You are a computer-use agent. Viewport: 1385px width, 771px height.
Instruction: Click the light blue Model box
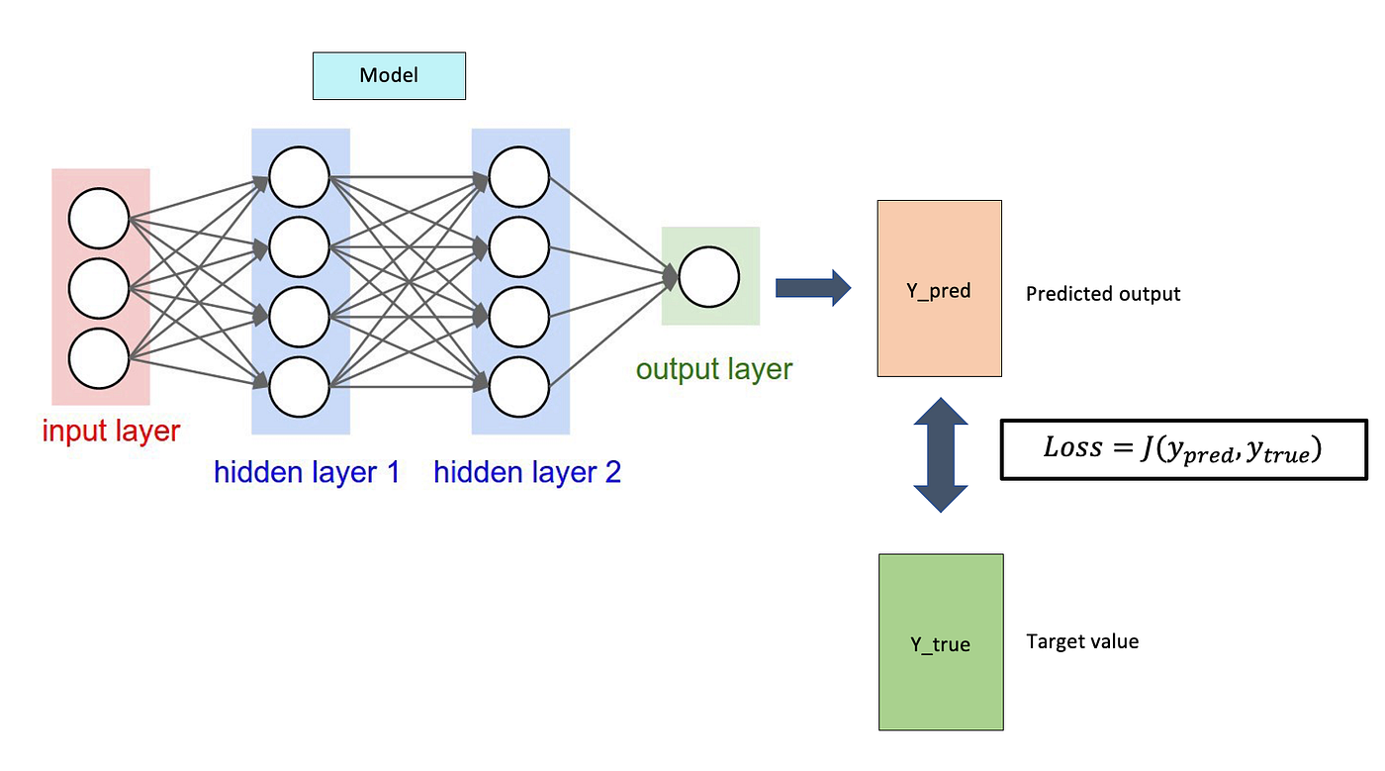[389, 76]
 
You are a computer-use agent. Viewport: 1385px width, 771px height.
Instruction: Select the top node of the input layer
[99, 218]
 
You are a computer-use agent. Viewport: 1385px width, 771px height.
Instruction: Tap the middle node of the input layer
[99, 288]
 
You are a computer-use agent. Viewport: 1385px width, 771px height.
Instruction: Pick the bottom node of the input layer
[99, 358]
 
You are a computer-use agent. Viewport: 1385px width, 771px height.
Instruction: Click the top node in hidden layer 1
[299, 177]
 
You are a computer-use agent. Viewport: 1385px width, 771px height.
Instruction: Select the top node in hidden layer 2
[518, 177]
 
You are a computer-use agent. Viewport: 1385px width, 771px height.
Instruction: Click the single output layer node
[708, 277]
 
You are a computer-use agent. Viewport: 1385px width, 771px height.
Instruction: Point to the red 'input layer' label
[111, 432]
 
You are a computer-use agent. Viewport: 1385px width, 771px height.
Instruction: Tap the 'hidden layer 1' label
[307, 472]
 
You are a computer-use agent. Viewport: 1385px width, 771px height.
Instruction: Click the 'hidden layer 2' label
[527, 472]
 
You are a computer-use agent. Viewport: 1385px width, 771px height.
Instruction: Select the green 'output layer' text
[713, 369]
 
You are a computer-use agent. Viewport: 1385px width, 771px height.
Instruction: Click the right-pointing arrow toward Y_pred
[812, 288]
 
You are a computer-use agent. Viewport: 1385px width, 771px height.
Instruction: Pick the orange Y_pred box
[939, 289]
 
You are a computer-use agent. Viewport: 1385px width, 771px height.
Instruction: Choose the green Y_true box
[940, 642]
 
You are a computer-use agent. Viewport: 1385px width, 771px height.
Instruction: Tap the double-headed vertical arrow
[940, 455]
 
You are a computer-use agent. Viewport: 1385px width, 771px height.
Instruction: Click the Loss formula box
[1183, 449]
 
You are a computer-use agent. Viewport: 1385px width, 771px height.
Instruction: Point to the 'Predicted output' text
[1103, 294]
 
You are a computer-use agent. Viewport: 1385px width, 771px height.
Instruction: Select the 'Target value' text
[1082, 641]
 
